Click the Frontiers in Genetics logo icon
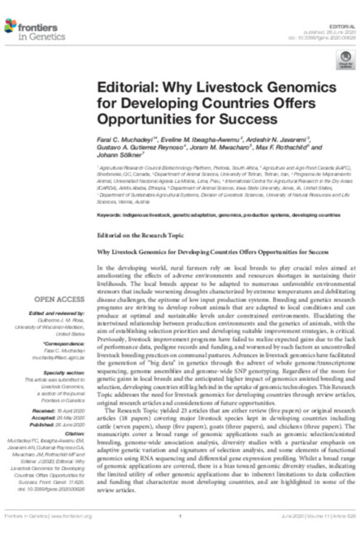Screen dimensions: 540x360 click(x=10, y=25)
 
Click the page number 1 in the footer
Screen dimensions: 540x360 click(x=180, y=516)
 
